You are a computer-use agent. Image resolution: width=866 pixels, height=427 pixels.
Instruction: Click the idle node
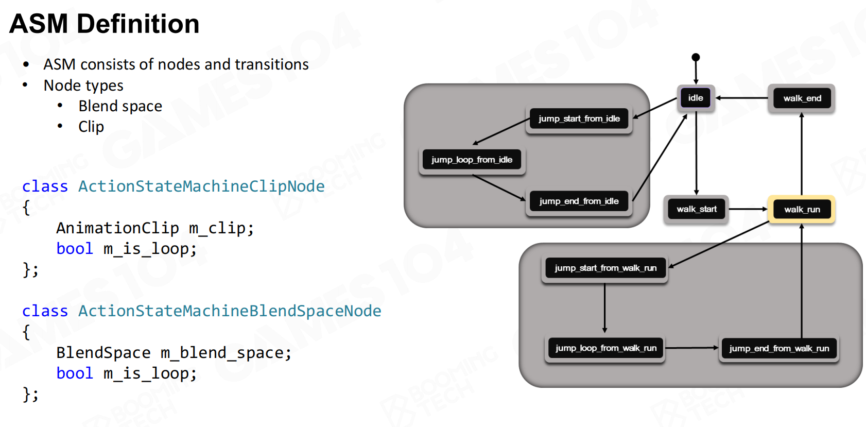click(x=696, y=98)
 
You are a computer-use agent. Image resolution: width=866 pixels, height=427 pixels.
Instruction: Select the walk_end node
click(x=802, y=98)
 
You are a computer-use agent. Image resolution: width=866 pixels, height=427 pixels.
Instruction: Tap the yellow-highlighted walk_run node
click(x=802, y=209)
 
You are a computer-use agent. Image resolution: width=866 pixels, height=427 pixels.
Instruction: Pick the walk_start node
click(x=696, y=209)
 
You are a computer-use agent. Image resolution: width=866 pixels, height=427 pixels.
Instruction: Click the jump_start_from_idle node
click(x=579, y=119)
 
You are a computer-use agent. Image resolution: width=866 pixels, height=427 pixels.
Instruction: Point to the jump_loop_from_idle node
click(x=472, y=160)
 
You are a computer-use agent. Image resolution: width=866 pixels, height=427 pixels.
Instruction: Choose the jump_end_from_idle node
click(x=579, y=201)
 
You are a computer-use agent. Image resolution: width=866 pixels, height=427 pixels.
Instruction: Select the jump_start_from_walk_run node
click(x=605, y=268)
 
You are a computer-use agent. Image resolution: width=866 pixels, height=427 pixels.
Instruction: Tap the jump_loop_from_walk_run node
click(x=605, y=349)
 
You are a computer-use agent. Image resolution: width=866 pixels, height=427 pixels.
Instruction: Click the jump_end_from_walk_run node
click(x=779, y=349)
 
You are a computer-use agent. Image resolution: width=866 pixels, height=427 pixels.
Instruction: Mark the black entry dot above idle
click(x=696, y=57)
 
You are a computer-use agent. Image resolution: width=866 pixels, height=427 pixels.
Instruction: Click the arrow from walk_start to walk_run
click(x=748, y=209)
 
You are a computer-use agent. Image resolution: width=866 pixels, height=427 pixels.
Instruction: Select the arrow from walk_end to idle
click(x=741, y=98)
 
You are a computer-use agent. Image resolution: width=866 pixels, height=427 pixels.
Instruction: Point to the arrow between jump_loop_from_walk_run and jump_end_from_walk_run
click(x=692, y=348)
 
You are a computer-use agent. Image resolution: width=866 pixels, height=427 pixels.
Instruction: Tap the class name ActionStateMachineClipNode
click(x=201, y=186)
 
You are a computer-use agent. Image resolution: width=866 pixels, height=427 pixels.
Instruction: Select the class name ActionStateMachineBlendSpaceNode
click(x=230, y=311)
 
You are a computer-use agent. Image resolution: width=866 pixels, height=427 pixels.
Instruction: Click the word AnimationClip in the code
click(x=117, y=228)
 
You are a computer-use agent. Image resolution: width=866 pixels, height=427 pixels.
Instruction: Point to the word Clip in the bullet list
click(x=91, y=127)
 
